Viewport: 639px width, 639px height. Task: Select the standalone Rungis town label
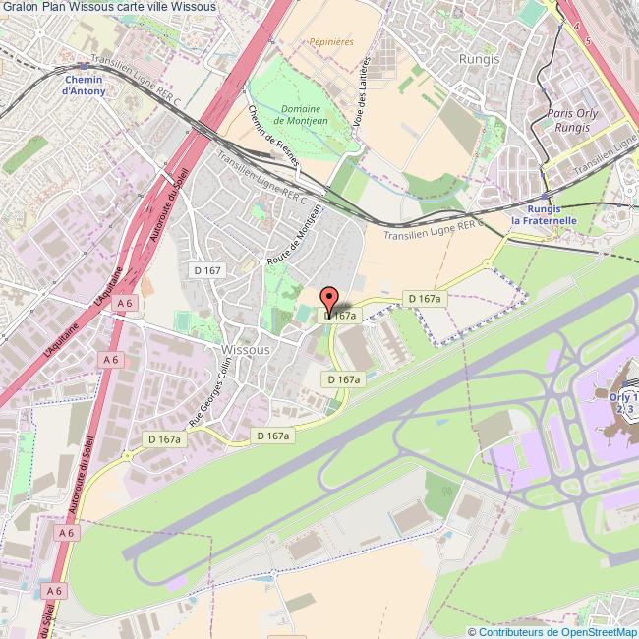(x=480, y=58)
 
